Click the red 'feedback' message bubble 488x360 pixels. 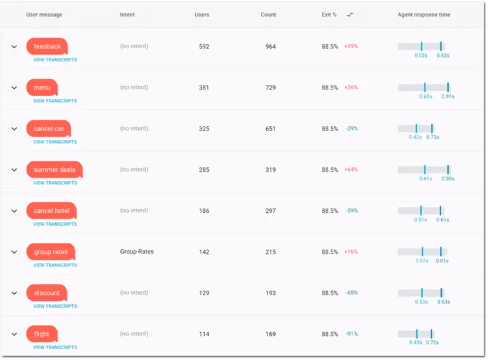click(47, 46)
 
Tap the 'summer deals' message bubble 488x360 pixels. click(55, 170)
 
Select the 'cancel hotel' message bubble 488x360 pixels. click(51, 210)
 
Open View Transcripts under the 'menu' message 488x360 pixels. click(55, 101)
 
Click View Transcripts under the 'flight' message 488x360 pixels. click(55, 347)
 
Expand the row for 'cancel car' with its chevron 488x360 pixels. click(14, 129)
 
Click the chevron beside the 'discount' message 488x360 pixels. click(14, 293)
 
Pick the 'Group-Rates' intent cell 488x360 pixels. click(137, 252)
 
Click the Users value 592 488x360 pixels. click(203, 46)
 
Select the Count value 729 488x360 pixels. click(271, 87)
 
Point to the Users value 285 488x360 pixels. click(203, 170)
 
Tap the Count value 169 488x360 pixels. click(271, 334)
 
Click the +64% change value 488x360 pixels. click(351, 170)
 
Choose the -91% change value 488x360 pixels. click(352, 334)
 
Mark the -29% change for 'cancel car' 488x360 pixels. click(352, 129)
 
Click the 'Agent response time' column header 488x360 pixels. click(424, 15)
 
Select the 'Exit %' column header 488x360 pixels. click(329, 15)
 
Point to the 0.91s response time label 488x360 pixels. click(448, 97)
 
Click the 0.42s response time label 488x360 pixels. click(415, 138)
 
